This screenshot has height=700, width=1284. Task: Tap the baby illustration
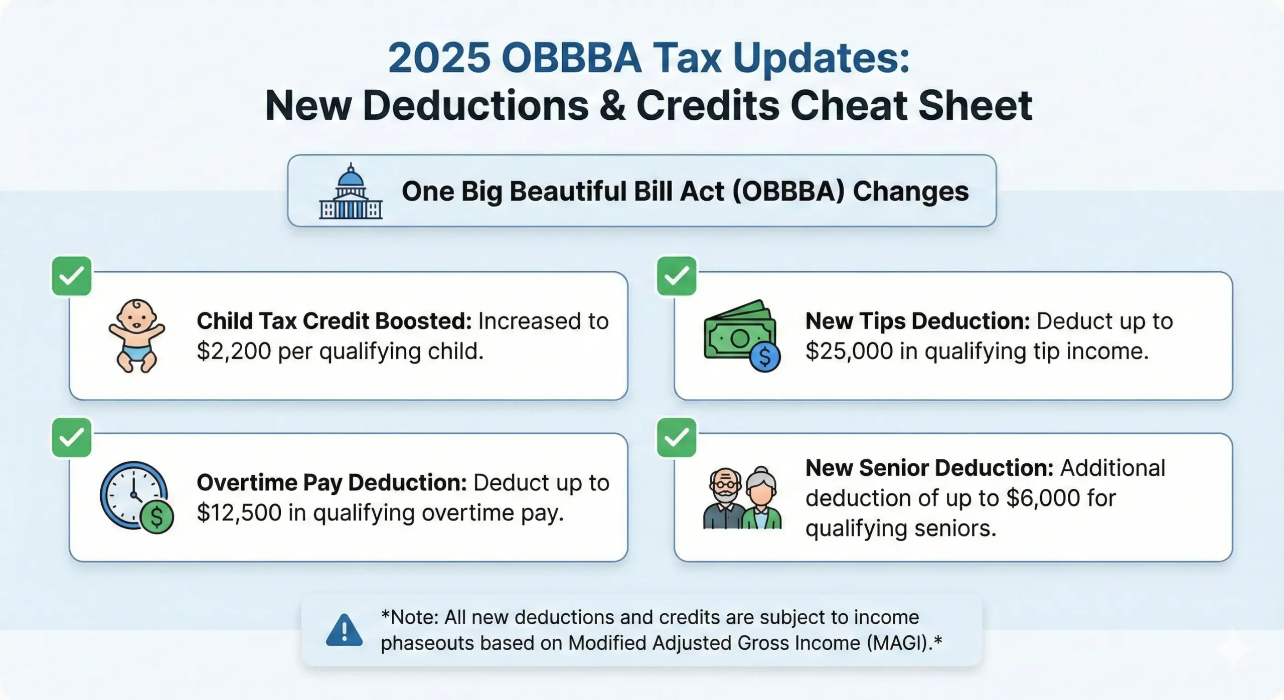[x=136, y=335]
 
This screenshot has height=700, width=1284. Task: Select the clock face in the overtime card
[x=133, y=494]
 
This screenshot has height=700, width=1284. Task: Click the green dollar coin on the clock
[x=156, y=516]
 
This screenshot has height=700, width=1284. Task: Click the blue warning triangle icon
[x=344, y=630]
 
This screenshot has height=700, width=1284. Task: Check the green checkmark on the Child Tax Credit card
[x=72, y=276]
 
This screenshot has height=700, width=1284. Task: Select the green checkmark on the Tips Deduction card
[x=677, y=276]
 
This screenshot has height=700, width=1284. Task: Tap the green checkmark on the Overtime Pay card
[x=72, y=437]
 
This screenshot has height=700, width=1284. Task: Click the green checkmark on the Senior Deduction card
[x=677, y=437]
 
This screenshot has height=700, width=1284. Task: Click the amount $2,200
[x=234, y=352]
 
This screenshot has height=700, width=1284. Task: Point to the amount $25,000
[x=849, y=352]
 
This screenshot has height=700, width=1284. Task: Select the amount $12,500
[x=239, y=513]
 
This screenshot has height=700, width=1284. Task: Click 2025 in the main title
[x=439, y=58]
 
